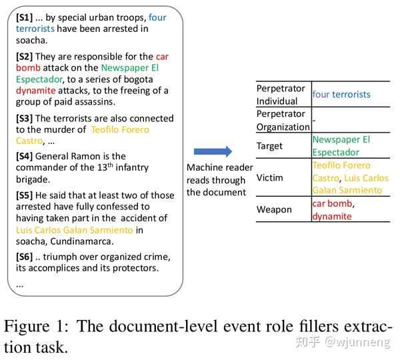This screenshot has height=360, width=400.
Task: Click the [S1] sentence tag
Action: (x=25, y=18)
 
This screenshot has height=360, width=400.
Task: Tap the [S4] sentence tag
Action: (x=25, y=156)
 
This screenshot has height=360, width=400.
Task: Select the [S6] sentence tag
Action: (x=25, y=257)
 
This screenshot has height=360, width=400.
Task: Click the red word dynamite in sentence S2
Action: (x=35, y=91)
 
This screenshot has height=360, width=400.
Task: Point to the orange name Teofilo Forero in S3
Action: (x=120, y=129)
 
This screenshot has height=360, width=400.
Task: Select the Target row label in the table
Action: (x=269, y=146)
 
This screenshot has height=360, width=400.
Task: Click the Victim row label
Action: (x=270, y=178)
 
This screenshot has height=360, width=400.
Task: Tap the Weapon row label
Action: (x=274, y=209)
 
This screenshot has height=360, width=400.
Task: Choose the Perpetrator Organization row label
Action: (x=283, y=120)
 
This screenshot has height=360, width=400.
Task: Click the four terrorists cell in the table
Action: (x=341, y=95)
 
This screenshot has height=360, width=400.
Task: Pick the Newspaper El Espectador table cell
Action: (x=341, y=145)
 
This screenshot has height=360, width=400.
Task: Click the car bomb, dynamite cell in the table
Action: (x=333, y=209)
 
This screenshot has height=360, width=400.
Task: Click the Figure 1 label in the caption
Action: (x=40, y=327)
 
